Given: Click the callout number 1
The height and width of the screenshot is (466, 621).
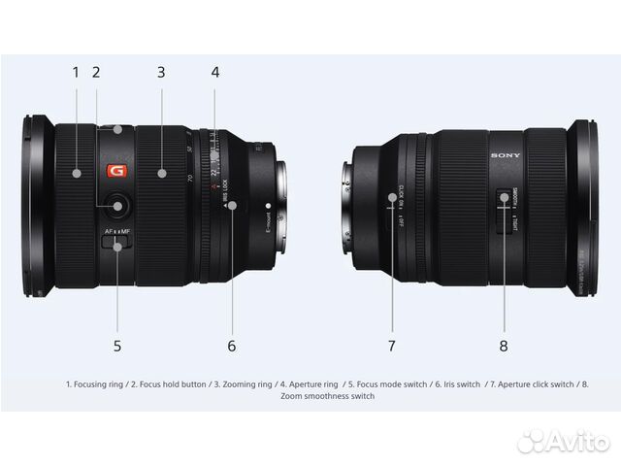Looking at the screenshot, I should click(x=76, y=71).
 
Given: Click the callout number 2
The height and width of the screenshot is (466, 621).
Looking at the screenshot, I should click(x=96, y=71).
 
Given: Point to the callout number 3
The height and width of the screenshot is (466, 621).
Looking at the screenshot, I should click(x=161, y=71).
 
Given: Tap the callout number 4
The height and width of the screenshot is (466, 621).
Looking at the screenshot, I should click(x=215, y=71).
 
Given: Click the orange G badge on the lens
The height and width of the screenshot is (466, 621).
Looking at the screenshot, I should click(x=116, y=172).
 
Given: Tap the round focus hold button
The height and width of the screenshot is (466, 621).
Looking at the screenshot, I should click(x=117, y=205).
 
